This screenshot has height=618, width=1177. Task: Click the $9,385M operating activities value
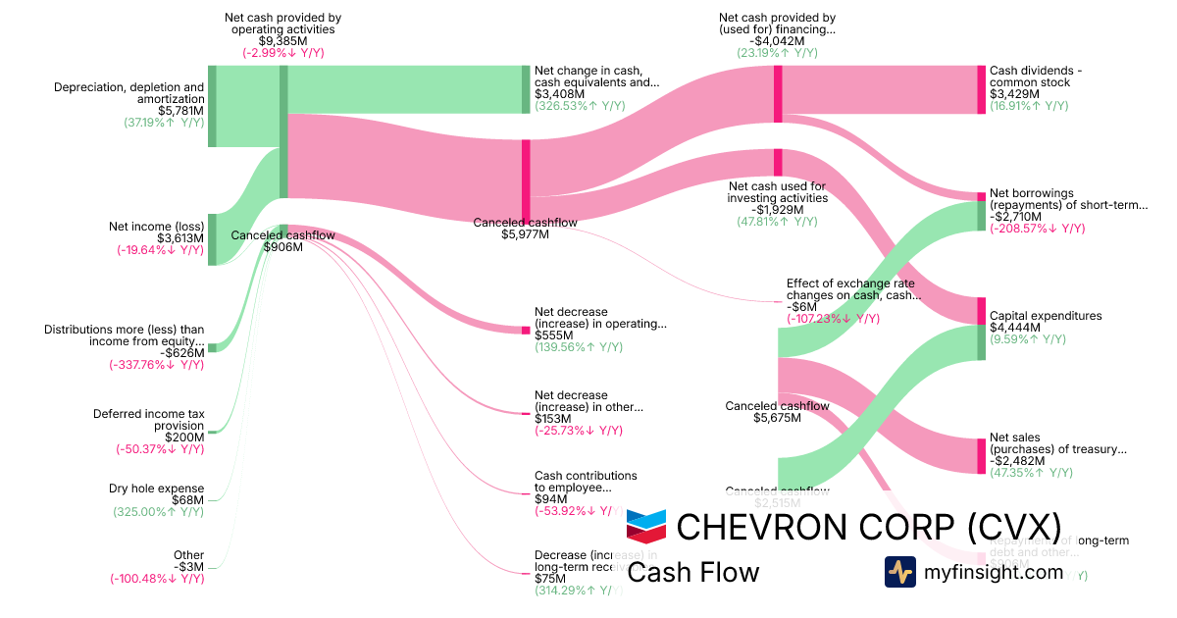coord(283,41)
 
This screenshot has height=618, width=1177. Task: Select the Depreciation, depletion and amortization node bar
coord(212,106)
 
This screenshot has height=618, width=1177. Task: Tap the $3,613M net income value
coord(180,238)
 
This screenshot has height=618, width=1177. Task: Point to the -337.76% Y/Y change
coord(157,365)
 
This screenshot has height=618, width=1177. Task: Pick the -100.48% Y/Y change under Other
coord(157,579)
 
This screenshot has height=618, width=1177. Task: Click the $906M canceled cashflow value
coord(283,247)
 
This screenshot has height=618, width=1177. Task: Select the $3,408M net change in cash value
coord(556,96)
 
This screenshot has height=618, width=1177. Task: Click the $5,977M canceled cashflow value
coord(525,234)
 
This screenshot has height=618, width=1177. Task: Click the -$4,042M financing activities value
coord(777,41)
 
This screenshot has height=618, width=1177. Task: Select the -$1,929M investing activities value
coord(777,210)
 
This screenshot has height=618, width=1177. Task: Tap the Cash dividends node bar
coord(981,89)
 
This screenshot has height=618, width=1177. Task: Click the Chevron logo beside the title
coord(646,527)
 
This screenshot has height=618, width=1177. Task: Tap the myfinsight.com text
coord(994,572)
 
